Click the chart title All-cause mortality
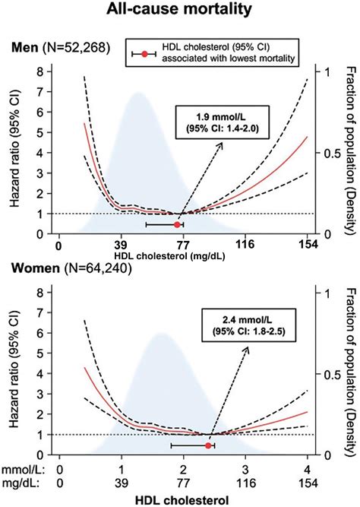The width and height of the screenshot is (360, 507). [180, 13]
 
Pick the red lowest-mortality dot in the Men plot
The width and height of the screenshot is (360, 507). [178, 225]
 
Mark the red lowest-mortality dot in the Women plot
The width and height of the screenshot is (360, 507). [208, 445]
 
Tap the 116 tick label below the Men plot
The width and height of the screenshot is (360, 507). [245, 246]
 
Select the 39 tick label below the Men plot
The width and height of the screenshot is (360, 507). [120, 246]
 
